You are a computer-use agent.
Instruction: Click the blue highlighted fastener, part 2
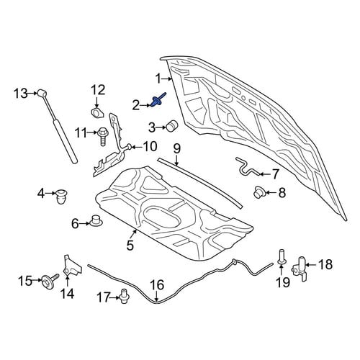click(158, 101)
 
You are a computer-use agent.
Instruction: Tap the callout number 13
click(20, 93)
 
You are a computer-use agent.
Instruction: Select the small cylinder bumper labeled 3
click(171, 125)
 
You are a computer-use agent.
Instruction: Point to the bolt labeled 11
click(102, 136)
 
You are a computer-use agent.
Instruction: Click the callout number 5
click(130, 246)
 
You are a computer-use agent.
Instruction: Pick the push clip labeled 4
click(62, 196)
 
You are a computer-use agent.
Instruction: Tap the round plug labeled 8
click(258, 192)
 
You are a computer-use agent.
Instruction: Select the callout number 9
click(176, 149)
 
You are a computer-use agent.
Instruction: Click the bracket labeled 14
click(71, 267)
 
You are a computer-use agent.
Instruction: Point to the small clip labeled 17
click(125, 296)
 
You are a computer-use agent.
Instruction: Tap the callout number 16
click(157, 285)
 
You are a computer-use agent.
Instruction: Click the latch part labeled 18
click(300, 269)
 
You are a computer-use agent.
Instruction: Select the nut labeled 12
click(97, 113)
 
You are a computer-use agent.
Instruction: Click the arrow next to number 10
click(136, 147)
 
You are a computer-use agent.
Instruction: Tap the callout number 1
click(158, 78)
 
